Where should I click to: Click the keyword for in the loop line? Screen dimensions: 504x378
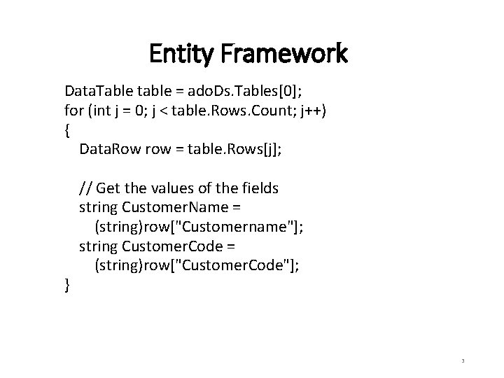(x=73, y=111)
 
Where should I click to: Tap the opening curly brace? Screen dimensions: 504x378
(x=67, y=129)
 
